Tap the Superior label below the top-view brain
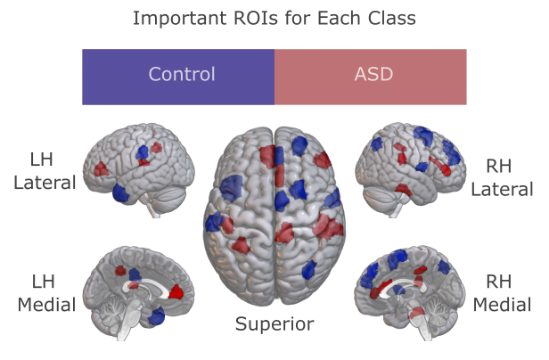point(274,324)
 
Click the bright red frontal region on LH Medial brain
point(176,290)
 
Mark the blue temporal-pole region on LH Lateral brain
point(120,192)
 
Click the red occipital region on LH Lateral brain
point(102,168)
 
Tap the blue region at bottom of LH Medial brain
point(158,315)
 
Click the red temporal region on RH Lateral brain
point(404,189)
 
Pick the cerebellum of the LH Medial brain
point(111,312)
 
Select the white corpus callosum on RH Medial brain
point(392,287)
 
